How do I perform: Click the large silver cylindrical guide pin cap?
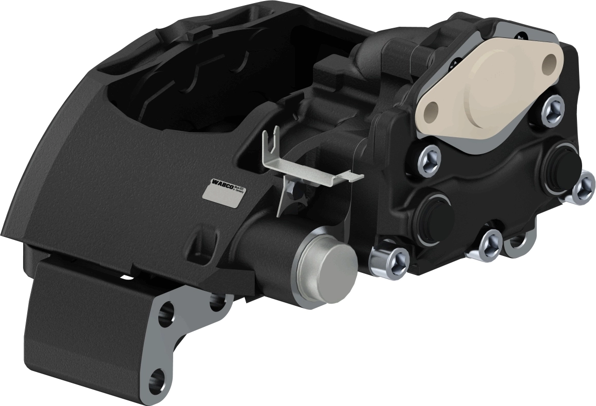coord(327,268)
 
